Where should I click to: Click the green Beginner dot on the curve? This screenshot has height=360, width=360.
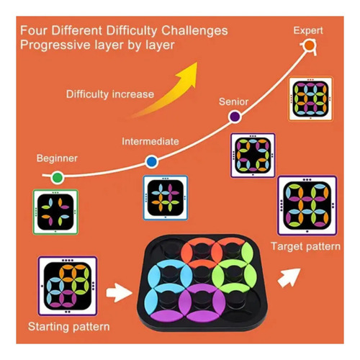(x=58, y=178)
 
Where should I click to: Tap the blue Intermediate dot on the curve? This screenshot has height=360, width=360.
(x=151, y=162)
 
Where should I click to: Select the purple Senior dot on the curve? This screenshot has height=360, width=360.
(x=235, y=117)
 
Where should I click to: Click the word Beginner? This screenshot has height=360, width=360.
(x=57, y=158)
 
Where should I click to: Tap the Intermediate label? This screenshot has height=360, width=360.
(x=150, y=141)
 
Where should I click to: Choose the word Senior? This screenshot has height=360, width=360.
(x=233, y=102)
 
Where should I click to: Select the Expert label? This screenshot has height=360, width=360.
(x=308, y=31)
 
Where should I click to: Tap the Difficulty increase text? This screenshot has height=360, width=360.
(x=110, y=94)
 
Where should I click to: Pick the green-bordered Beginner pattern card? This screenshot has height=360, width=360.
(x=55, y=212)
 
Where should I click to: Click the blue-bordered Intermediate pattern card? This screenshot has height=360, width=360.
(x=166, y=198)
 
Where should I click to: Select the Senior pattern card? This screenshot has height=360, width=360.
(x=253, y=156)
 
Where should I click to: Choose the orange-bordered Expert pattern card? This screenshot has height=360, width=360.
(x=310, y=99)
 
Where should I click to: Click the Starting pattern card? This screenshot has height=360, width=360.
(x=68, y=286)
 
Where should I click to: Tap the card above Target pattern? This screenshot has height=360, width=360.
(x=307, y=206)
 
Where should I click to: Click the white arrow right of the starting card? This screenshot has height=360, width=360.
(x=119, y=292)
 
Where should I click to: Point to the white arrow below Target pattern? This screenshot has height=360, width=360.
(x=289, y=278)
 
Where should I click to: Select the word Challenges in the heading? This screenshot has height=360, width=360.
(x=194, y=31)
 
